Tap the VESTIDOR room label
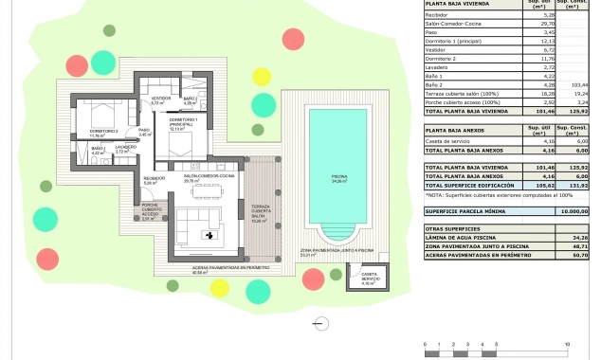[x=161, y=98]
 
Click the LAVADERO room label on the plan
[x=126, y=149]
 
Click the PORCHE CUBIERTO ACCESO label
[x=150, y=209]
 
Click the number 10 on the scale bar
[x=567, y=343]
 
